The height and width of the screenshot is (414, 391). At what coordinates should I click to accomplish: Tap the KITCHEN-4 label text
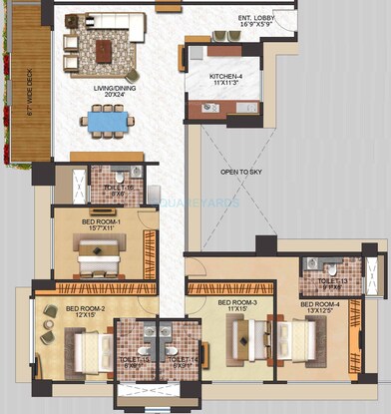(227, 76)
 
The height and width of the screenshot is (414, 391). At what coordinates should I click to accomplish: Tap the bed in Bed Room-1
(99, 257)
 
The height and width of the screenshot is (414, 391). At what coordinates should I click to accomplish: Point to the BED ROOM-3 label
(237, 302)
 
